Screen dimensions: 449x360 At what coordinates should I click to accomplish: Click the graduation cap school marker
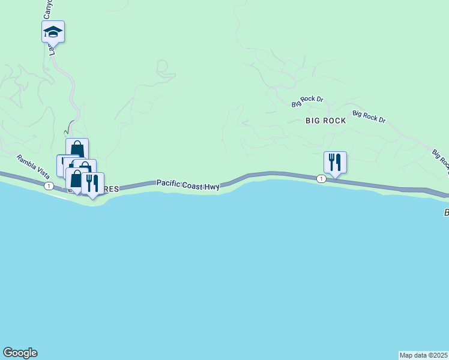pyautogui.click(x=53, y=31)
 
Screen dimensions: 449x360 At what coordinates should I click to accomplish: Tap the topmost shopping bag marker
pyautogui.click(x=77, y=148)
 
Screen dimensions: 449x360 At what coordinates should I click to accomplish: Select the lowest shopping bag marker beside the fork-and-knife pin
pyautogui.click(x=75, y=179)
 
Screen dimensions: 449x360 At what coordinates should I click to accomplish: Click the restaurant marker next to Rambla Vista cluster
pyautogui.click(x=92, y=183)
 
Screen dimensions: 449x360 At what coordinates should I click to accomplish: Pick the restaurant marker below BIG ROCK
pyautogui.click(x=335, y=162)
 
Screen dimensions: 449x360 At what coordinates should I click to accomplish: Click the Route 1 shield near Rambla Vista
pyautogui.click(x=48, y=186)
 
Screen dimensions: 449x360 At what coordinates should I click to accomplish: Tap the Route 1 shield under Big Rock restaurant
pyautogui.click(x=322, y=179)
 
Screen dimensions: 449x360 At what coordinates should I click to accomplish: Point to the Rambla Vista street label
pyautogui.click(x=33, y=166)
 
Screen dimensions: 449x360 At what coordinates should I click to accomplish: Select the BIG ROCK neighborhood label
pyautogui.click(x=326, y=121)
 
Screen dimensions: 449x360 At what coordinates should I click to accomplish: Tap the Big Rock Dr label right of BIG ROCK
pyautogui.click(x=369, y=116)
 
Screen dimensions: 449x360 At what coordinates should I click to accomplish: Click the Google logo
pyautogui.click(x=20, y=353)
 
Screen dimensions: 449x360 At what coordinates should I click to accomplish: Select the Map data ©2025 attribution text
pyautogui.click(x=424, y=355)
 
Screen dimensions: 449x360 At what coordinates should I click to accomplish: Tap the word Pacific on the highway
pyautogui.click(x=170, y=183)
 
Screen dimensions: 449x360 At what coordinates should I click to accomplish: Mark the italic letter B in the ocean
pyautogui.click(x=446, y=212)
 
